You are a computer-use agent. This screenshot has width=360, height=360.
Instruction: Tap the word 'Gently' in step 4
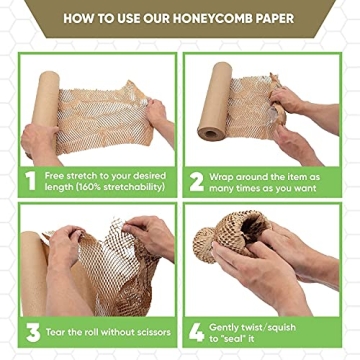pos(233,324)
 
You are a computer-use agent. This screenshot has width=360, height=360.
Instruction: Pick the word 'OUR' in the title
pos(154,17)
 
